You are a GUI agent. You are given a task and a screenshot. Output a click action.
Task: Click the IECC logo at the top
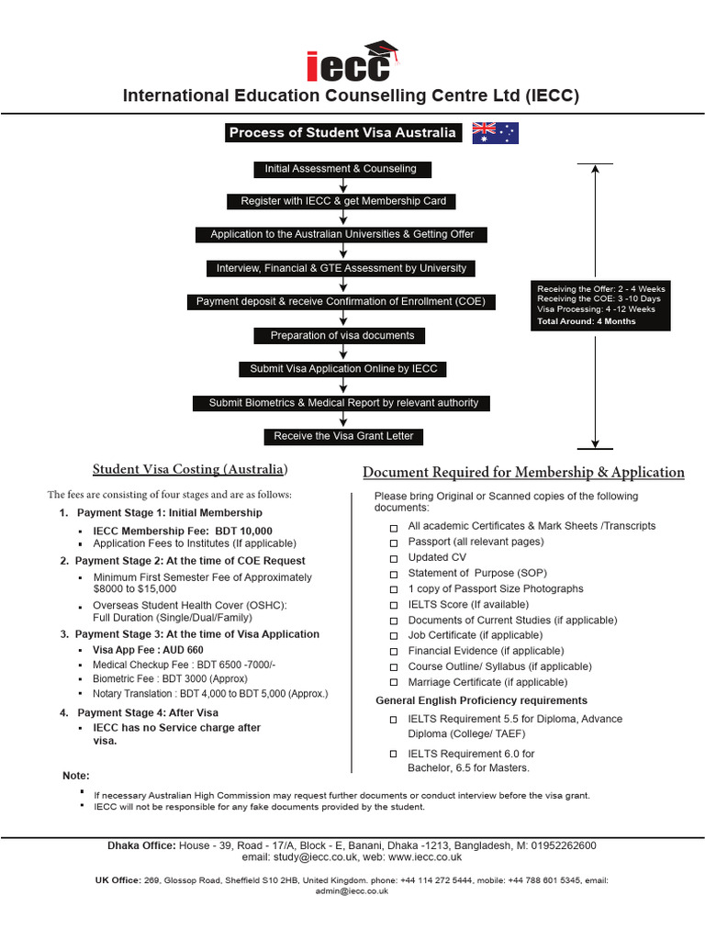coord(352,62)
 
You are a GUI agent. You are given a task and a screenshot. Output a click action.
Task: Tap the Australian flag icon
coord(496,133)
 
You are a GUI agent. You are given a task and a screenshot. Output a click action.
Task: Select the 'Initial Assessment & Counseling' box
coord(341,169)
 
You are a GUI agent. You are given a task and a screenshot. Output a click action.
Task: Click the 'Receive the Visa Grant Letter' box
coord(341,436)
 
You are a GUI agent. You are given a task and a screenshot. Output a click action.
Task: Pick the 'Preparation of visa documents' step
coord(341,336)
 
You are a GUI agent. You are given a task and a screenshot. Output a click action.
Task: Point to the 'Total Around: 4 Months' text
coord(587,322)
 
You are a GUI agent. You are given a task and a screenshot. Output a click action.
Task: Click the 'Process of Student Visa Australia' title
coord(342,133)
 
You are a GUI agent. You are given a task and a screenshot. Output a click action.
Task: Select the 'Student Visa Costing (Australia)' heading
coord(190,470)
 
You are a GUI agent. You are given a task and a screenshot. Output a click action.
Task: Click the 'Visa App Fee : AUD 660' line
coord(148,650)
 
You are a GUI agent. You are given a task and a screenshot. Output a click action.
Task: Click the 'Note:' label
coord(76,776)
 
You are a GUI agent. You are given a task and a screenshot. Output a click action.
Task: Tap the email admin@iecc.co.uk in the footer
coord(352,891)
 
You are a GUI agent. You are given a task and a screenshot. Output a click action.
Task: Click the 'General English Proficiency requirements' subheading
coord(480,700)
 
